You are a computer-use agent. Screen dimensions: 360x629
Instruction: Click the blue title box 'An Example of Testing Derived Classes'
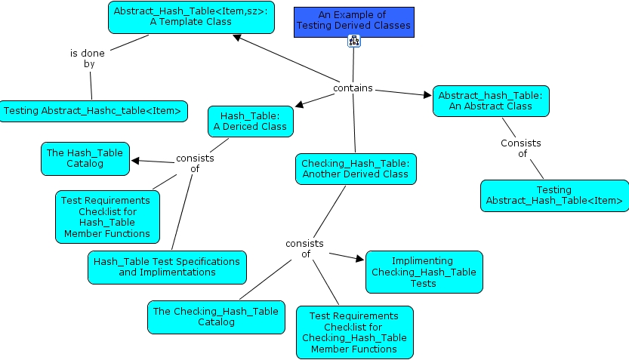[x=353, y=20]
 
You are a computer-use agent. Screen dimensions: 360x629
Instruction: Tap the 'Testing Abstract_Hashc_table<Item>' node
[x=93, y=111]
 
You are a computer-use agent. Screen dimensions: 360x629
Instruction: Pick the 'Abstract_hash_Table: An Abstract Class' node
[x=491, y=100]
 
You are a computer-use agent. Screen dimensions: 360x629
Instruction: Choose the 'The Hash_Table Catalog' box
[x=85, y=158]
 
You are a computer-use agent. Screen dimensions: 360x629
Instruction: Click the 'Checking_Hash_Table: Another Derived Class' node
[x=355, y=168]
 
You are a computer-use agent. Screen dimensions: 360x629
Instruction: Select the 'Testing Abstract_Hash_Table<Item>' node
[x=554, y=195]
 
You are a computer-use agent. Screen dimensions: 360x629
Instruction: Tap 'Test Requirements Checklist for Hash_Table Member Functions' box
[x=107, y=216]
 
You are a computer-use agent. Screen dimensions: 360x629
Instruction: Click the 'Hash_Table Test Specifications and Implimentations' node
[x=167, y=266]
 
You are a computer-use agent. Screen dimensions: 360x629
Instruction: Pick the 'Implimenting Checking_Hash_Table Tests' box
[x=424, y=272]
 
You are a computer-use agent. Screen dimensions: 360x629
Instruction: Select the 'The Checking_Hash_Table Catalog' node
[x=217, y=316]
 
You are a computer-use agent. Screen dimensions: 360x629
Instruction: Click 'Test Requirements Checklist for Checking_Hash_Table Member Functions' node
[x=355, y=332]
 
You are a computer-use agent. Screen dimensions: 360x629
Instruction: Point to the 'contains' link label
[x=353, y=88]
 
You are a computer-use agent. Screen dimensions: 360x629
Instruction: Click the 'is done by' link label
[x=88, y=59]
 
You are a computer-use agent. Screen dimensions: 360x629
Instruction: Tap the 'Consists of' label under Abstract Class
[x=521, y=148]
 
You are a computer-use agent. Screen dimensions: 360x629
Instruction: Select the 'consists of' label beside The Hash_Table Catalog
[x=195, y=163]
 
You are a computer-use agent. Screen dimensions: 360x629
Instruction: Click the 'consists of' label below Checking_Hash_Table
[x=304, y=248]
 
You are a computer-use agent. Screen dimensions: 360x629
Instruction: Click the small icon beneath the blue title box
[x=353, y=42]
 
